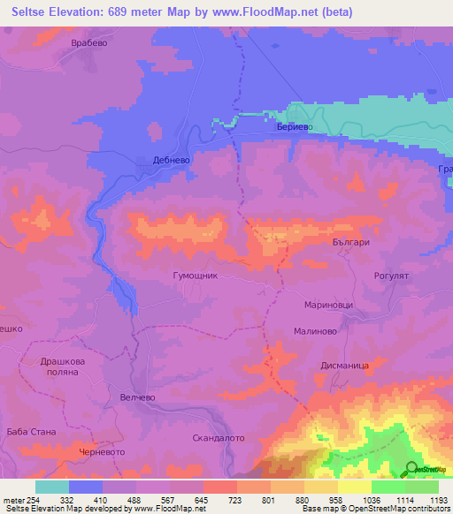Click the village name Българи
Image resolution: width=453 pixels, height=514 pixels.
coord(349,241)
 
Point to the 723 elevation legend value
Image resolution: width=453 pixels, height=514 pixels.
coord(236,499)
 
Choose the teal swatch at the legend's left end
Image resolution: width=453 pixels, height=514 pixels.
coord(51,487)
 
